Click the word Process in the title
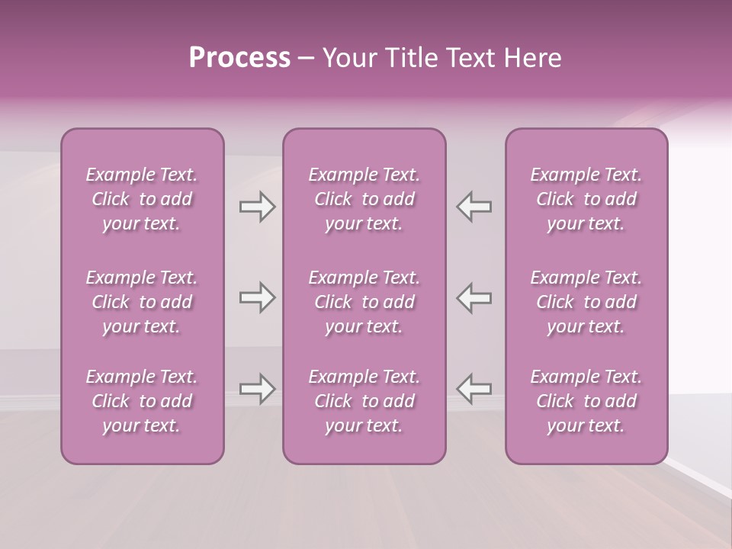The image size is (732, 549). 239,58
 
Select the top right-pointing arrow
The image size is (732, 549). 258,207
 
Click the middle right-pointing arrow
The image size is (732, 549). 258,297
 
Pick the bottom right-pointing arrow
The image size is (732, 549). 258,389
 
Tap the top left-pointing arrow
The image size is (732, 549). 474,207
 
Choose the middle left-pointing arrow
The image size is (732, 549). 474,297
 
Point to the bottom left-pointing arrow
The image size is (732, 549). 474,389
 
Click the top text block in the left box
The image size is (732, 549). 142,199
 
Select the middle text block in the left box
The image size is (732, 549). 142,302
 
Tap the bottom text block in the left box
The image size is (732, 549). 142,401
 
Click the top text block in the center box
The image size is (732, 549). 364,199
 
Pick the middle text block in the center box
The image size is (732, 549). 364,302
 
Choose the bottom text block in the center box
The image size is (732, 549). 364,401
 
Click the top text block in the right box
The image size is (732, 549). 586,199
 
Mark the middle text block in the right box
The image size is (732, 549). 586,302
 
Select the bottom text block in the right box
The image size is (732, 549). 586,401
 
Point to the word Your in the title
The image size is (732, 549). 348,58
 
